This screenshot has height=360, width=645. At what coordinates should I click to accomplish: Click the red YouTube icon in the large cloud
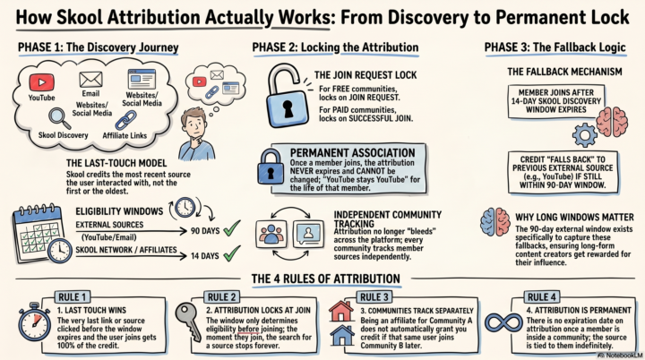click(41, 82)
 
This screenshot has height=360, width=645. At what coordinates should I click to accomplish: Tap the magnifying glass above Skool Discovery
click(60, 118)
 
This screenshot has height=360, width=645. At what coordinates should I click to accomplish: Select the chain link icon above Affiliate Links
click(125, 121)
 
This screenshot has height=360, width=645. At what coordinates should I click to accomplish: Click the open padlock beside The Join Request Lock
click(287, 97)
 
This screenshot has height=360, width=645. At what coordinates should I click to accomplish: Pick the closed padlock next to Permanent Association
click(271, 167)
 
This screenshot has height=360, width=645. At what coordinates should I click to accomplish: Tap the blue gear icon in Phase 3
click(584, 134)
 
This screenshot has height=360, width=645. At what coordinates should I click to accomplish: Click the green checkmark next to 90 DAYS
click(232, 228)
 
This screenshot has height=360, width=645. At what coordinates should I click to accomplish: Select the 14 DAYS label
click(204, 256)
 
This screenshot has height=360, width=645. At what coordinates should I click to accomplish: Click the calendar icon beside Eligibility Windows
click(38, 232)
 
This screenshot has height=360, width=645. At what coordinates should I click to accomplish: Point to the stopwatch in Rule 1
click(34, 321)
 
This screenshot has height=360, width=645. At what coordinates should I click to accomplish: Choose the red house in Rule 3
click(341, 312)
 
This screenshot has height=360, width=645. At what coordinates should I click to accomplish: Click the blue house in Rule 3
click(342, 335)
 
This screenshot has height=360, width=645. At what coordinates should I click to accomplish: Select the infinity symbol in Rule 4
click(503, 323)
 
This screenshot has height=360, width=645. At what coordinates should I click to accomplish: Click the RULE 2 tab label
click(222, 297)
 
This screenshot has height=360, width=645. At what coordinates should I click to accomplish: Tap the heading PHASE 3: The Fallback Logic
click(555, 47)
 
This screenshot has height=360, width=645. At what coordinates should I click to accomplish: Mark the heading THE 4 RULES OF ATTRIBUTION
click(326, 279)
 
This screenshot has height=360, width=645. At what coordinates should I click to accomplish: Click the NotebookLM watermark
click(620, 355)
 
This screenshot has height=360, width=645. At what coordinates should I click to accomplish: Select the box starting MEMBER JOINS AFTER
click(556, 101)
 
